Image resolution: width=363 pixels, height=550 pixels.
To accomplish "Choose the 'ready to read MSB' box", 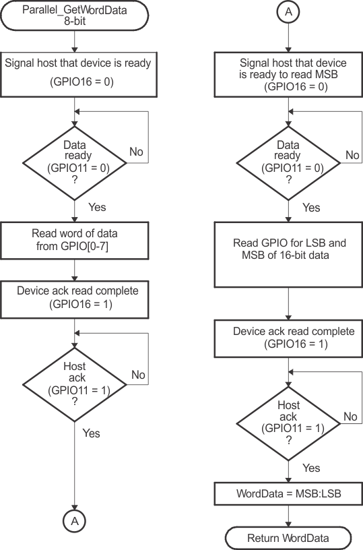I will click(x=288, y=73).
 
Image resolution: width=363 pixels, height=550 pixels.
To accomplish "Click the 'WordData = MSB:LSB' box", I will click(x=288, y=493).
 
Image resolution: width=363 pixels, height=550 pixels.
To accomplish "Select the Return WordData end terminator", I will click(x=288, y=538).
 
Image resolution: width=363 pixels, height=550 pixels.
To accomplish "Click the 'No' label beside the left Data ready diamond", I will click(x=136, y=152).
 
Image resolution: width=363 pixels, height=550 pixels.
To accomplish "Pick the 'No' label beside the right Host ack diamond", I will click(x=350, y=417).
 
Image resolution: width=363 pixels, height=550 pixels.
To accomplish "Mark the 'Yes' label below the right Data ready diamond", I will click(x=310, y=208).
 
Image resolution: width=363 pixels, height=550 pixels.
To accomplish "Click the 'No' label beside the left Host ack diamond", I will click(x=139, y=374).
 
